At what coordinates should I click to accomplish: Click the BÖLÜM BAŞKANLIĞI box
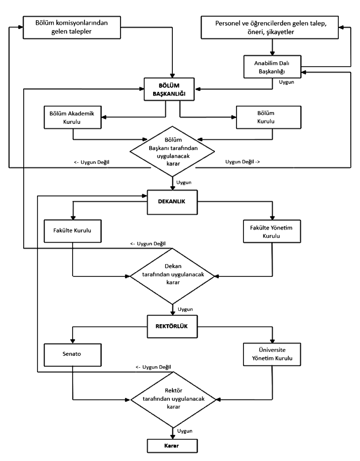[x=169, y=89]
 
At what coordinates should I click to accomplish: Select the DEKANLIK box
[x=172, y=202]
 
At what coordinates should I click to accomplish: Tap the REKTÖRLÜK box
[x=172, y=327]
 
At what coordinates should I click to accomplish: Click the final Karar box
[x=172, y=446]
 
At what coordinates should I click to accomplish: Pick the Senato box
[x=73, y=355]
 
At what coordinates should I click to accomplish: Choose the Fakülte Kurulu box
[x=73, y=231]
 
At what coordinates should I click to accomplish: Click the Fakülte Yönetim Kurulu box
[x=272, y=231]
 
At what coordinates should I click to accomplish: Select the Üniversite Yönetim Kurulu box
[x=272, y=354]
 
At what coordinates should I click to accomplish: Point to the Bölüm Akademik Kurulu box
[x=73, y=117]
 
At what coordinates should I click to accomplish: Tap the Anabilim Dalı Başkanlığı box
[x=273, y=67]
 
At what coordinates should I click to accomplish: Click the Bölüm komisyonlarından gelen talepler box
[x=72, y=27]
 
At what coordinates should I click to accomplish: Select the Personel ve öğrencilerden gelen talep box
[x=270, y=27]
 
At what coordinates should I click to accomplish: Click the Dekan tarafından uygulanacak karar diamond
[x=173, y=276]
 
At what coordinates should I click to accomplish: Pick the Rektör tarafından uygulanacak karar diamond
[x=173, y=400]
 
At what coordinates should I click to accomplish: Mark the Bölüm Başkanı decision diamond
[x=172, y=152]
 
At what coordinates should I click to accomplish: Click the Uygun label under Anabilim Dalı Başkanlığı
[x=286, y=82]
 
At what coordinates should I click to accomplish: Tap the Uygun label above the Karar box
[x=185, y=431]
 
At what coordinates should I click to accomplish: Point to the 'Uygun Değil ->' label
[x=242, y=162]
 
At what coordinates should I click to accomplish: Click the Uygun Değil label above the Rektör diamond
[x=153, y=367]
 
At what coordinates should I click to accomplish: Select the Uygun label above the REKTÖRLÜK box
[x=185, y=309]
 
